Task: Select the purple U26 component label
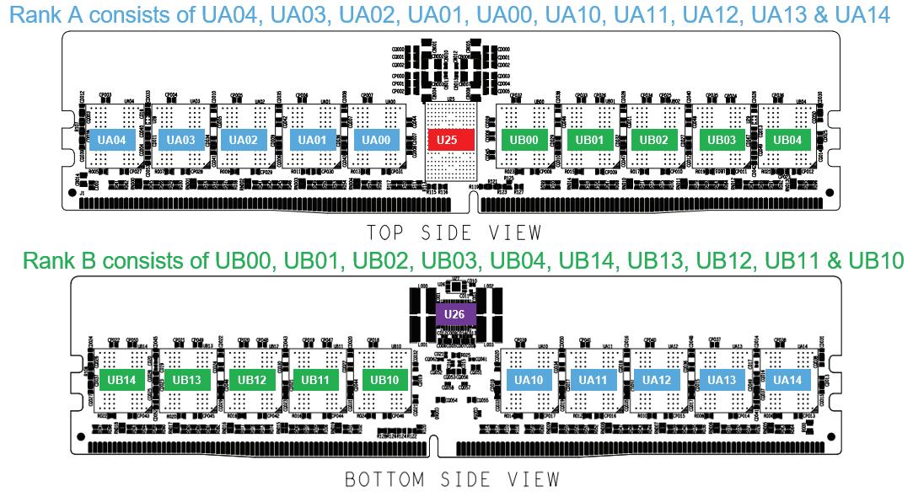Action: click(455, 315)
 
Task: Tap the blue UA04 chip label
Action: click(112, 139)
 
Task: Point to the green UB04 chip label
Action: click(788, 139)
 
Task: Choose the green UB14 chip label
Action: click(122, 380)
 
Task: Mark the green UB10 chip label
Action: click(384, 380)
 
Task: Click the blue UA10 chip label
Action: click(529, 380)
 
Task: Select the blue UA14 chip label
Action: click(787, 380)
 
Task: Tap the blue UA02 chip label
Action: click(244, 139)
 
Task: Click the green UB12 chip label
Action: click(252, 380)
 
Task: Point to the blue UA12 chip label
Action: click(658, 380)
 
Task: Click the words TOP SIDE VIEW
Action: click(453, 232)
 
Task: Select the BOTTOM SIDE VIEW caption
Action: click(453, 479)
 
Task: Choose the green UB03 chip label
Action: click(722, 139)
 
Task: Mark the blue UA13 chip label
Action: click(722, 380)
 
